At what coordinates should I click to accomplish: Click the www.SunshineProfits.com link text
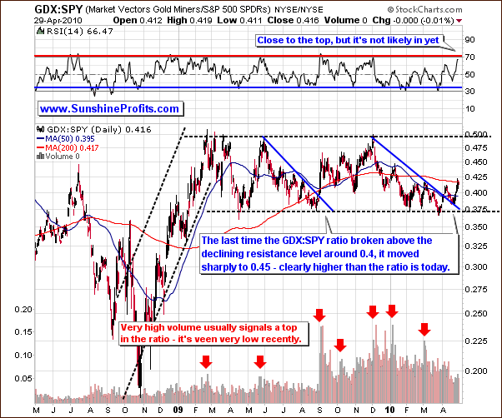click(109, 108)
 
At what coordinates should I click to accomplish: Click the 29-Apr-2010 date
click(28, 17)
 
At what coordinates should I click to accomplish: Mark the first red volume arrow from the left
click(206, 362)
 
